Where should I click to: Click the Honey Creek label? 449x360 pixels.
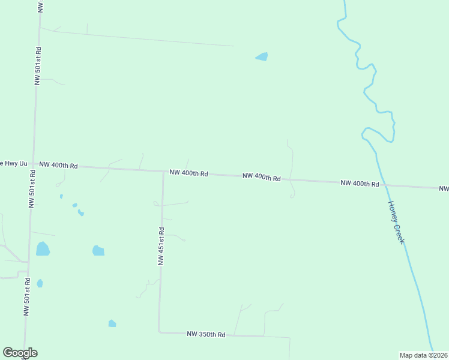click(x=396, y=221)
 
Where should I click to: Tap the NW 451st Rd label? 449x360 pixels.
click(x=161, y=246)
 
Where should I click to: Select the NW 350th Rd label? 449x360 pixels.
click(x=206, y=334)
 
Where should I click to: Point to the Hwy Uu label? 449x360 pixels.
click(x=14, y=163)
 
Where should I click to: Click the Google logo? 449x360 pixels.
click(x=20, y=353)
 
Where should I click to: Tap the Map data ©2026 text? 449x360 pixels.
click(x=423, y=355)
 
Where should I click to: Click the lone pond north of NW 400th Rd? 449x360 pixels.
click(x=262, y=57)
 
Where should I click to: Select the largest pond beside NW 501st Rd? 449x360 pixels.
click(x=43, y=248)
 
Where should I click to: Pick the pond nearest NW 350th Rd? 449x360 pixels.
click(x=112, y=324)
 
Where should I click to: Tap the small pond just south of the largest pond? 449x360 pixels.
click(x=40, y=283)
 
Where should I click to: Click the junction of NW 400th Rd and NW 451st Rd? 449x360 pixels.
click(x=163, y=171)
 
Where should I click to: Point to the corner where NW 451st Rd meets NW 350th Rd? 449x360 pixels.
click(x=159, y=331)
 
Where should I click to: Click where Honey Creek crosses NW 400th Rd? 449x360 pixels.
click(x=385, y=185)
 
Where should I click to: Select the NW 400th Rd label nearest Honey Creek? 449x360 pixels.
click(x=359, y=183)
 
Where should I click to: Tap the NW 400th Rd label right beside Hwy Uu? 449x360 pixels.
click(x=58, y=165)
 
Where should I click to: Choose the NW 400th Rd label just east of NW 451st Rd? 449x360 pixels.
click(x=188, y=173)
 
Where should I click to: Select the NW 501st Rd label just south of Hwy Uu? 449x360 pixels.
click(x=32, y=188)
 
